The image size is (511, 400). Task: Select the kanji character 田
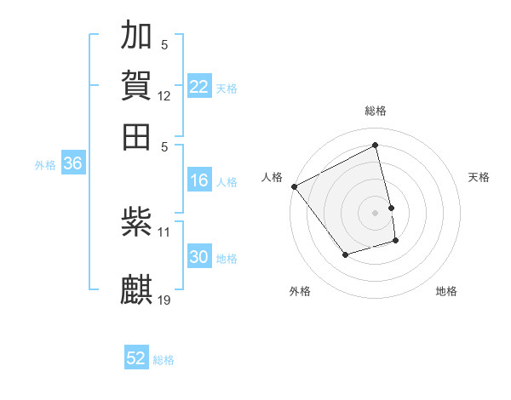[x=137, y=137]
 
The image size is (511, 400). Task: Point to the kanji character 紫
[x=137, y=222]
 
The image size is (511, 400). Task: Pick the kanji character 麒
[x=137, y=289]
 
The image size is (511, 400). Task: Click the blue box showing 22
[x=199, y=87]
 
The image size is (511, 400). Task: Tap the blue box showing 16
[x=199, y=180]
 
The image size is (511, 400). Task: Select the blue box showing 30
[x=199, y=257]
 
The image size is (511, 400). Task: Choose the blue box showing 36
[x=72, y=164]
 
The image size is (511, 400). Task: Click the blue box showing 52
[x=136, y=358]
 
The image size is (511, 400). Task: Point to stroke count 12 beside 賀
[x=164, y=96]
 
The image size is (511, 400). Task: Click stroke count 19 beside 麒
[x=164, y=300]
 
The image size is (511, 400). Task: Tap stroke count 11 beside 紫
[x=164, y=231]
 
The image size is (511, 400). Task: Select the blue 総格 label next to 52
[x=164, y=360]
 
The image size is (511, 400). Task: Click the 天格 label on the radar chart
[x=479, y=177]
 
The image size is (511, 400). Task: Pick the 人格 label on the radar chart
[x=273, y=177]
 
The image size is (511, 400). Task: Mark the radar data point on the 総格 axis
[x=376, y=145]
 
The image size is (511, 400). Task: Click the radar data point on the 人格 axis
[x=294, y=186]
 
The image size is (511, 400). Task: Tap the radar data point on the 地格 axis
[x=396, y=242]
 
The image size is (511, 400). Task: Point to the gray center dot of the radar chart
[x=376, y=213]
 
